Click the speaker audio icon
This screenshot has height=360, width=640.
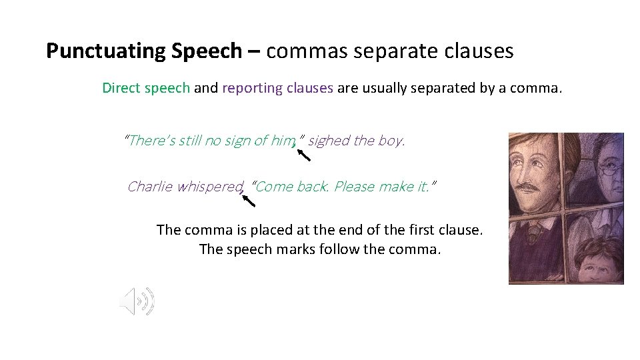pos(137,301)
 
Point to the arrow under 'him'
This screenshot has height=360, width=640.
pos(303,156)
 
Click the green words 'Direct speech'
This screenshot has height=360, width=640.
pos(146,88)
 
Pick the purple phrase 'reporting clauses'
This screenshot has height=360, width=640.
pos(277,88)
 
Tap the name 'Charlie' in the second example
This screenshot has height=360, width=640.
pos(151,187)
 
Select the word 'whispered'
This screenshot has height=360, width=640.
pos(210,187)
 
